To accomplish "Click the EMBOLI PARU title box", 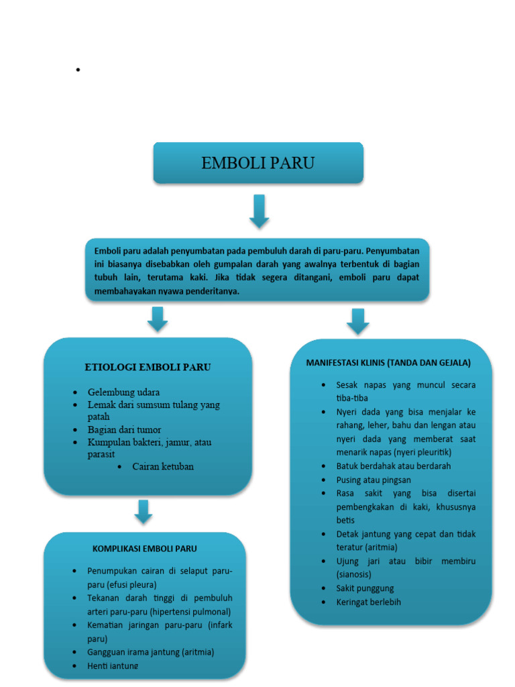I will coord(258,162).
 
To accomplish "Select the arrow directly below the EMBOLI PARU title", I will coord(259,211).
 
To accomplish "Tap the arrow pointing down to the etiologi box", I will coord(158,319).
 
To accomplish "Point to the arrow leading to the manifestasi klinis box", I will coord(358,321).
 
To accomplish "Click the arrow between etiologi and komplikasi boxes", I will coord(143,511).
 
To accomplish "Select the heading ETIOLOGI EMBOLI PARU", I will coord(148,367).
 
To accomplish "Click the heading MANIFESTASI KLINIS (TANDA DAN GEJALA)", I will coord(388,362).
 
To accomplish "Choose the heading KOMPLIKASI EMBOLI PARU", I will coord(144,548).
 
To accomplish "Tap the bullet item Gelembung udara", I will coord(123,392).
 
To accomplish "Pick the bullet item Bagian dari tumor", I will coord(124,429).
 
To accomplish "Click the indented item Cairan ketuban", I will coord(163,466).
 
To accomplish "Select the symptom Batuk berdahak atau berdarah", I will coord(393,466).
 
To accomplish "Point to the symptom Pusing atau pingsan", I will coord(374,480).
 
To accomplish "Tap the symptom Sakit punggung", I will coord(365,588).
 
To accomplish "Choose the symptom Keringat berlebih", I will coord(368,602).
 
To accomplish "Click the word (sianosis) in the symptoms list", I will coord(353,574).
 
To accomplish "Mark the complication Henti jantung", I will coord(113,666).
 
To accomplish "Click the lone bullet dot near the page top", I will coord(78,70).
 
